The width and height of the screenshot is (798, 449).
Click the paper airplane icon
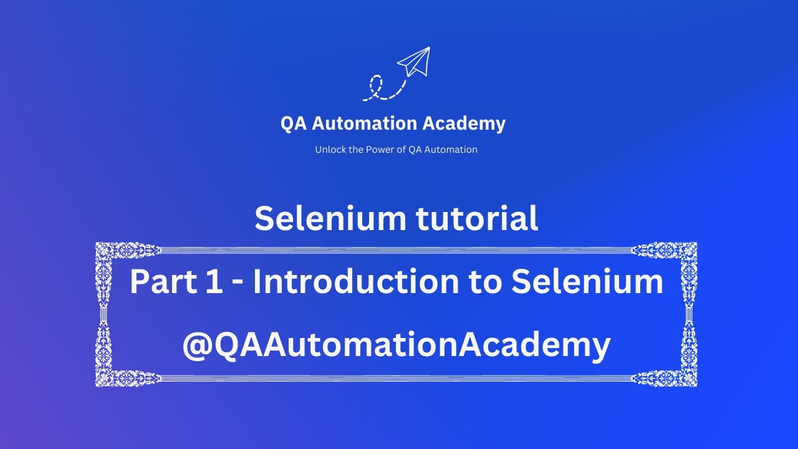(415, 62)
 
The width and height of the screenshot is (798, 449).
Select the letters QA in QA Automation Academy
(293, 123)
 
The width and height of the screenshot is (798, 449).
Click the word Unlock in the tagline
(330, 150)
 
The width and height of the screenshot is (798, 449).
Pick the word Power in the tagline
(381, 150)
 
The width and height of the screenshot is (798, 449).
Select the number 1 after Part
(209, 282)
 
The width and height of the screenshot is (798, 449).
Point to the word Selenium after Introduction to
(587, 282)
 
